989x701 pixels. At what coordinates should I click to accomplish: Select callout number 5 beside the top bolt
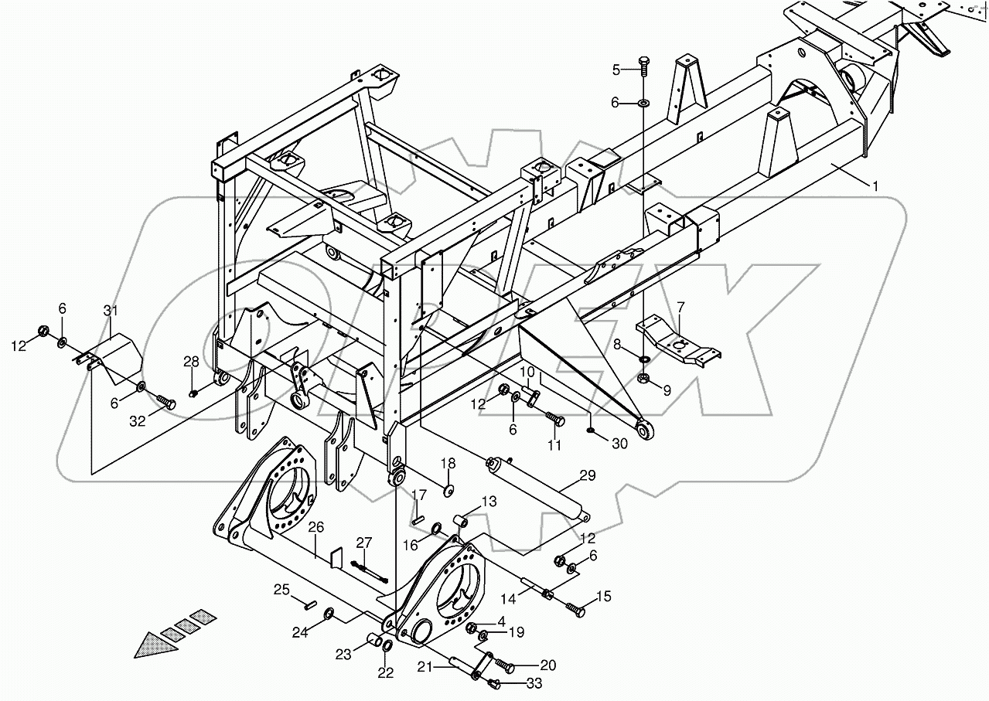(x=616, y=70)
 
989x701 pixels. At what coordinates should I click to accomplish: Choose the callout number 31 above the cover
(x=111, y=311)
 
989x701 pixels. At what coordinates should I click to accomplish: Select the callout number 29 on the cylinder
(x=588, y=475)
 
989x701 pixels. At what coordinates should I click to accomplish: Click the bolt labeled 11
(x=555, y=420)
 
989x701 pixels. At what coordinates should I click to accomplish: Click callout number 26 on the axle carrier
(x=315, y=529)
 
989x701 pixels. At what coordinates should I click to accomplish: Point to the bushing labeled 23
(x=375, y=640)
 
